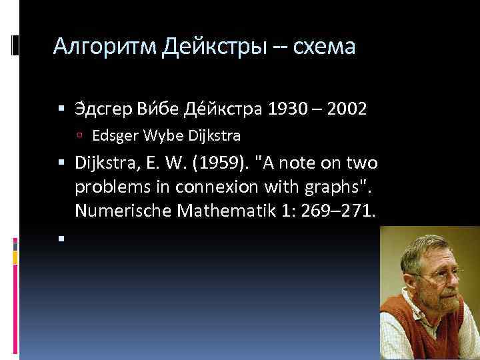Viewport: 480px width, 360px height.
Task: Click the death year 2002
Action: [348, 109]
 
